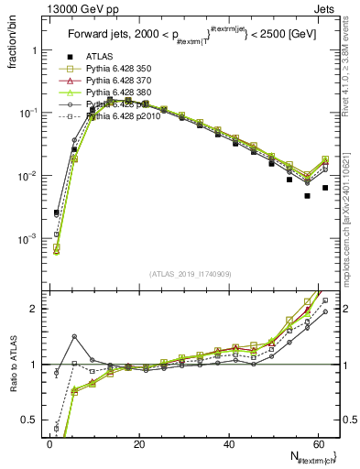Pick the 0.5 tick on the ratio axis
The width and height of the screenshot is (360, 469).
pos(27,420)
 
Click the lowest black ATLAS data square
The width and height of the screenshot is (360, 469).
pos(308,196)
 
